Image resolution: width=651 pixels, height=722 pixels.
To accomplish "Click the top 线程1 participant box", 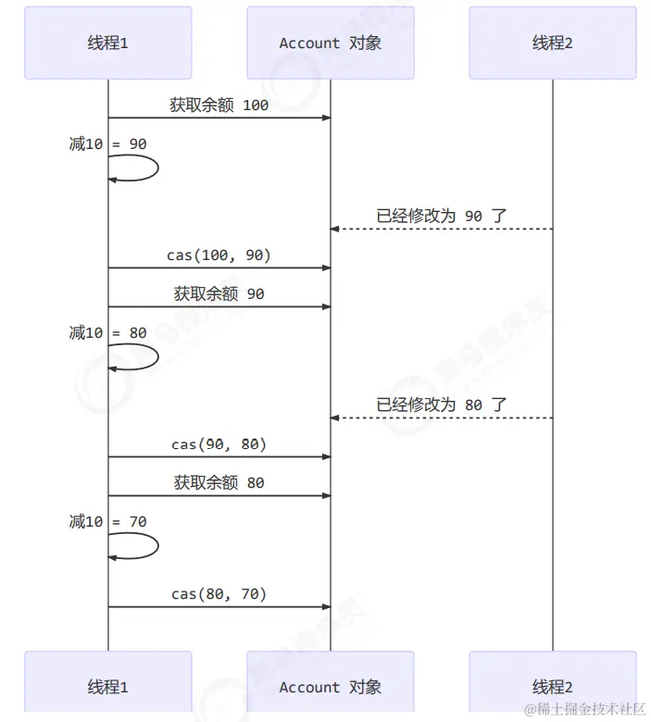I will pos(107,43).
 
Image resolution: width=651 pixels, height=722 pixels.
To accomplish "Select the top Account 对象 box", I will pos(330,43).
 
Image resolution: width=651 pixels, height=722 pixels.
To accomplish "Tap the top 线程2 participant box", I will pos(552,43).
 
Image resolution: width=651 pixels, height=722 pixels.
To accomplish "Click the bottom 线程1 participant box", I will pos(107,687).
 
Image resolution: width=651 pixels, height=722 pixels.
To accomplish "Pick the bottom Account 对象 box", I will pos(330,687).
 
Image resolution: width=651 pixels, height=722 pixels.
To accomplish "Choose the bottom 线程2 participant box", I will pos(552,687).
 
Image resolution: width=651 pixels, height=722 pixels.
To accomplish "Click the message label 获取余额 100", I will pos(219,105).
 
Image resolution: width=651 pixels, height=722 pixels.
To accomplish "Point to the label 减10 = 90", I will pos(107,144).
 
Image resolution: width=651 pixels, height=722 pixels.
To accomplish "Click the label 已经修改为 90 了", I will pos(441,216).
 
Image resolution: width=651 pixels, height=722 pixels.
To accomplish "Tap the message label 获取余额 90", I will pos(219,293).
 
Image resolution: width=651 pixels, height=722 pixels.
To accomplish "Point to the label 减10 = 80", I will pos(107,333).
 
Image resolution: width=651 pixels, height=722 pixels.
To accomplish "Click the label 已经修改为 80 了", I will pos(441,405).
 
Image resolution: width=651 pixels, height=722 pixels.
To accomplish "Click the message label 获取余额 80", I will pos(219,482).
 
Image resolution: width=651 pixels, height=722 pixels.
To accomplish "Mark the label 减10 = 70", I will pos(107,522).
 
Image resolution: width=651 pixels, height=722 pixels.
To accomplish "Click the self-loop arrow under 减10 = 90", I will pos(139,168).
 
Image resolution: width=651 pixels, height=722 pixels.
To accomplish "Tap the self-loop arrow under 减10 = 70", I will pos(139,546).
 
